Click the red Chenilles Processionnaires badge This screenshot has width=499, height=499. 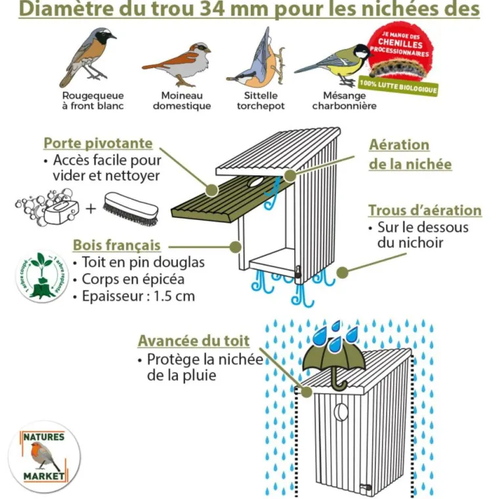[x=400, y=51]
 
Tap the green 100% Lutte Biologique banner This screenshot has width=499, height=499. [x=398, y=85]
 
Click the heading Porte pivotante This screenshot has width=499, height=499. [x=98, y=143]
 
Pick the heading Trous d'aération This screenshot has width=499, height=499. [x=424, y=211]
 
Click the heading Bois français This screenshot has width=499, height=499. [x=116, y=245]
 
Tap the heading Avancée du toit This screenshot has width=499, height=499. [x=193, y=341]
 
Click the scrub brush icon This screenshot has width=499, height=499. [x=131, y=208]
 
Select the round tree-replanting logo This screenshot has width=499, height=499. [x=43, y=276]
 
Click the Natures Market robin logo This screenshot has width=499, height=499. [x=45, y=456]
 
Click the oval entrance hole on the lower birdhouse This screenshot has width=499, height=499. [x=341, y=412]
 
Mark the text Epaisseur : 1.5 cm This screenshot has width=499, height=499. [x=138, y=295]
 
